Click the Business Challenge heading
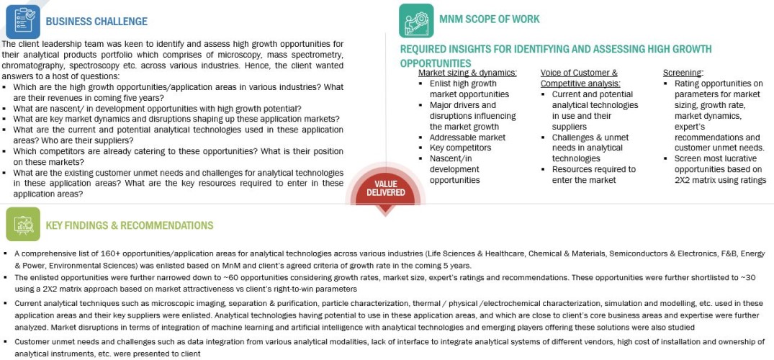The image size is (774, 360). point(96,22)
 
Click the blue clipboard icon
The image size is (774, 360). point(22,20)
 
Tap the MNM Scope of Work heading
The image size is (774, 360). point(489,19)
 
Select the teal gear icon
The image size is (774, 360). point(415,20)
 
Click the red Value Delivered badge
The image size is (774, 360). point(385,189)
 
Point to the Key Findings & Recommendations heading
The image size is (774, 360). point(130,225)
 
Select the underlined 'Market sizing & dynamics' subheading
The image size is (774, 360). point(467,73)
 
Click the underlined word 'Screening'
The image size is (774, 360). point(683,73)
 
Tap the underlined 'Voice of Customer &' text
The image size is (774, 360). point(579,73)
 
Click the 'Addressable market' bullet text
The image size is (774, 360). point(467,137)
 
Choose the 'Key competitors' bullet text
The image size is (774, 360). point(461,148)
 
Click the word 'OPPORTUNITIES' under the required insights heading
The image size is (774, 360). point(436,63)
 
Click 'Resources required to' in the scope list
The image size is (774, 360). point(594,169)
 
